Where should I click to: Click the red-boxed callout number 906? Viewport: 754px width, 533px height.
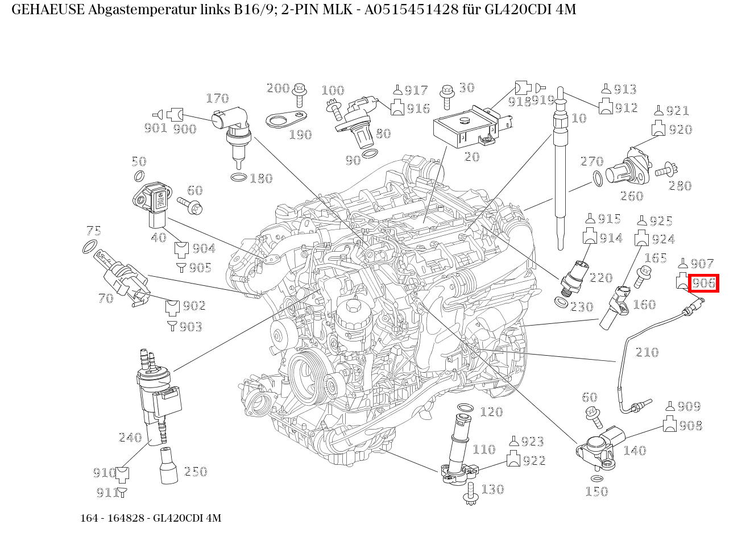[x=703, y=283]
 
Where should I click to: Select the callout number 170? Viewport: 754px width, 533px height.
[x=217, y=99]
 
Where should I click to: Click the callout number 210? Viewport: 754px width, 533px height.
[x=647, y=352]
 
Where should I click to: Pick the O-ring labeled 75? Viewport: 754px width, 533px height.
[x=89, y=248]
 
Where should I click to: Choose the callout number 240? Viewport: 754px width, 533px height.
[x=130, y=438]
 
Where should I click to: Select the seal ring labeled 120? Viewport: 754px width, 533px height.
[x=465, y=408]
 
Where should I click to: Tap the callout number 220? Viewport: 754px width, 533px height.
[x=600, y=278]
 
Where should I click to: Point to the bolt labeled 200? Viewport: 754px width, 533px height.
[x=299, y=93]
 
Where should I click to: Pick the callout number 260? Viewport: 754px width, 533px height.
[x=631, y=197]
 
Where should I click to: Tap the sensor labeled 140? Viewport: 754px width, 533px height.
[x=600, y=449]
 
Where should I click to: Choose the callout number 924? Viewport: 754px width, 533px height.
[x=662, y=239]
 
